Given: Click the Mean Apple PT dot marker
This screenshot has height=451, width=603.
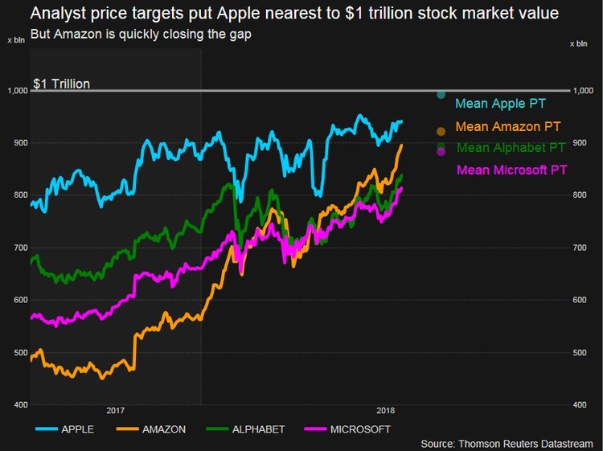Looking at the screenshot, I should click(441, 96).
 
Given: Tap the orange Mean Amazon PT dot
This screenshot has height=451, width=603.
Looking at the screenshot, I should click(440, 130).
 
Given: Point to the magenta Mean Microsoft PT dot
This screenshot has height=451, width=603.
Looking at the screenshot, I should click(441, 152).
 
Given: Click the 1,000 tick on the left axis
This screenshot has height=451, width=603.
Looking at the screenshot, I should click(15, 91).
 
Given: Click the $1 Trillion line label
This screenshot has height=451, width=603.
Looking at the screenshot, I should click(61, 84).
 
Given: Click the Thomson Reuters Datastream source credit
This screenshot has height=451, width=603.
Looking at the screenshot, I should click(508, 444).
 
